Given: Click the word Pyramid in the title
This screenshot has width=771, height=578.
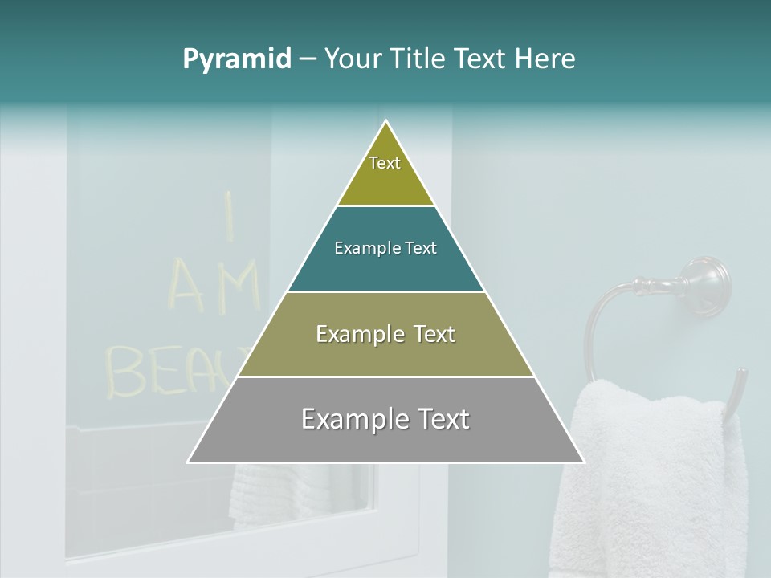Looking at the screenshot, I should pyautogui.click(x=237, y=59).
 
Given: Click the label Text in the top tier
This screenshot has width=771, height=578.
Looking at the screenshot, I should pyautogui.click(x=385, y=163).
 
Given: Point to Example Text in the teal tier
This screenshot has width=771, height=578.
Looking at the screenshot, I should pyautogui.click(x=385, y=248).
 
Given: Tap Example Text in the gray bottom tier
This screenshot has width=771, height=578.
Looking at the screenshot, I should pyautogui.click(x=385, y=419).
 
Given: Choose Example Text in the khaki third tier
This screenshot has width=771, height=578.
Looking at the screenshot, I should pyautogui.click(x=385, y=334).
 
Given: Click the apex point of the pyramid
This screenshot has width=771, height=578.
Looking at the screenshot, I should pyautogui.click(x=386, y=122).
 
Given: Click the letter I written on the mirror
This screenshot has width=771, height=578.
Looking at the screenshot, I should pyautogui.click(x=228, y=215).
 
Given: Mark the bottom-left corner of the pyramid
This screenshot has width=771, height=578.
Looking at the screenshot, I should pyautogui.click(x=189, y=462).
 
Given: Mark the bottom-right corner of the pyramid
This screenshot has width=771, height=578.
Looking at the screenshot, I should pyautogui.click(x=584, y=462).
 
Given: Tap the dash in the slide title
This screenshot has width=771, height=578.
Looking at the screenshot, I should pyautogui.click(x=308, y=59).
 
